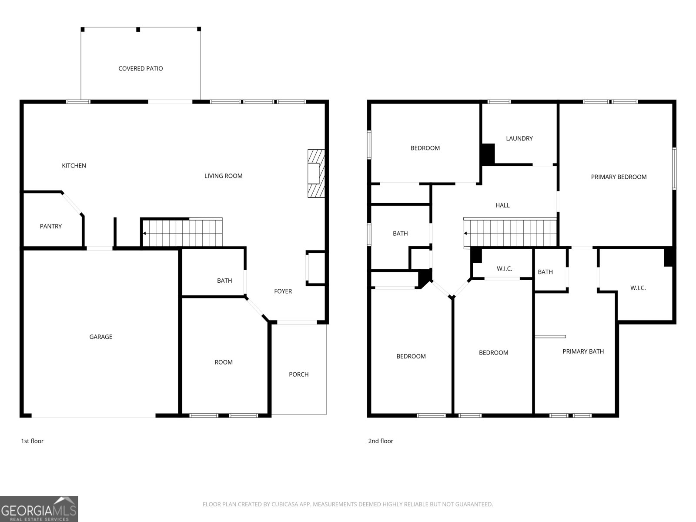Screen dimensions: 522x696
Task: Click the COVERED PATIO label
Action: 141,69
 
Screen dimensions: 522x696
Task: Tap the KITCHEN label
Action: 74,166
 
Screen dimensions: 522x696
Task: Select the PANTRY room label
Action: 51,226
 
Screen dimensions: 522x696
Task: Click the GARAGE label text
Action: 101,337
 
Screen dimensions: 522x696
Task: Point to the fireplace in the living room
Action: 316,174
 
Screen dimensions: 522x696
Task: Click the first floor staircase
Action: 183,233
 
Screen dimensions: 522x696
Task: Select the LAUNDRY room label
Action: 519,138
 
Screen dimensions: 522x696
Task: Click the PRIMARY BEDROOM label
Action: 619,177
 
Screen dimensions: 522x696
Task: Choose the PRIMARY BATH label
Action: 583,351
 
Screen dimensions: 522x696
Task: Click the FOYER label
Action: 283,291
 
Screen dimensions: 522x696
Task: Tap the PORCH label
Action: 299,375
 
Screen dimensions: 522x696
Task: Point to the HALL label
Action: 502,205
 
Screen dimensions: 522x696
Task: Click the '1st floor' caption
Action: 32,441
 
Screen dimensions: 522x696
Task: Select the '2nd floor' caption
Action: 381,441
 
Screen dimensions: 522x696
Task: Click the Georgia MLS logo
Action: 39,509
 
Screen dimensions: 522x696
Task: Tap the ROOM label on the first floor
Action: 224,362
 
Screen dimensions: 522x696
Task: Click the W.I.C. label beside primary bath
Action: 638,288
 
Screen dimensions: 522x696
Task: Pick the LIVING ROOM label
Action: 224,176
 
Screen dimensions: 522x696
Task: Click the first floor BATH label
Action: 224,281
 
